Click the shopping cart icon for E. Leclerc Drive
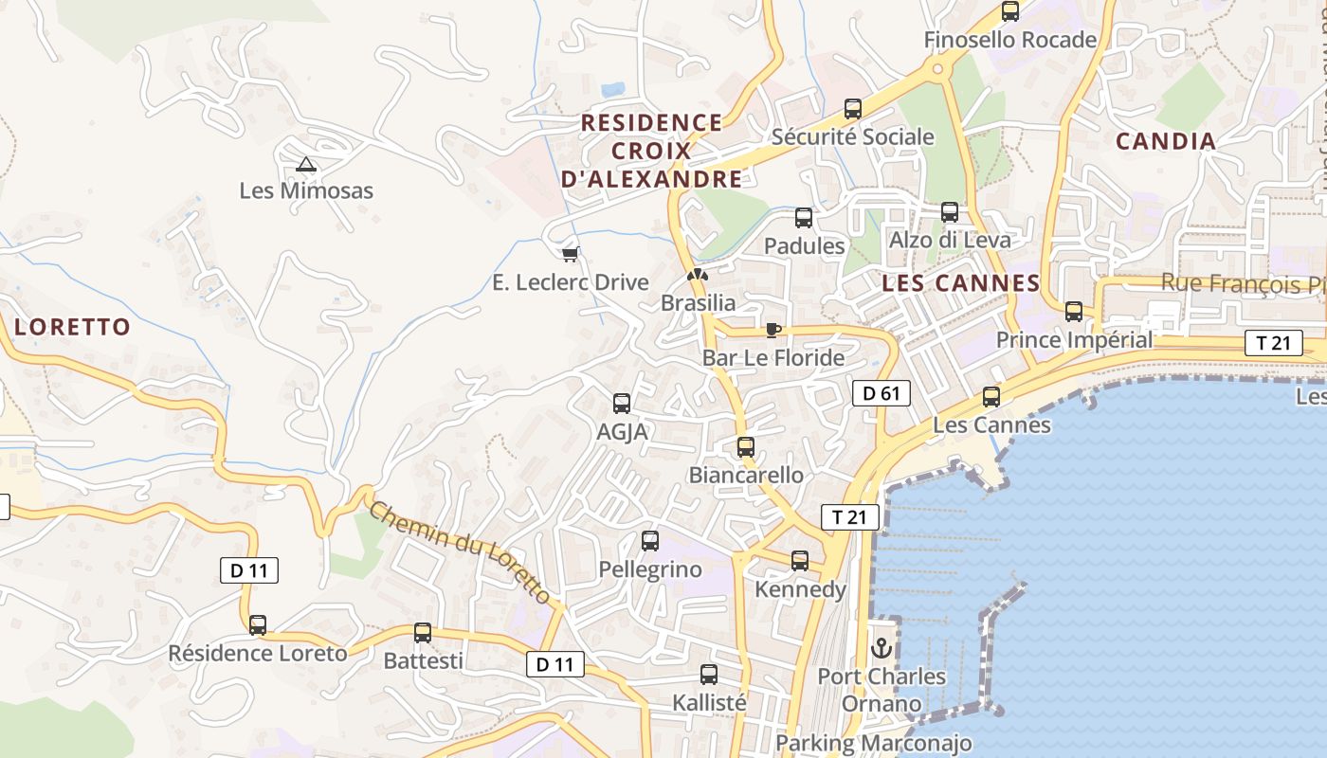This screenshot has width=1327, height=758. point(570,254)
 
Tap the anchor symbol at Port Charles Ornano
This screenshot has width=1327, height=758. point(882,649)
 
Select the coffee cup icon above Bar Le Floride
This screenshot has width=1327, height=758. point(773,330)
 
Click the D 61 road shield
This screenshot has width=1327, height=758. point(881,393)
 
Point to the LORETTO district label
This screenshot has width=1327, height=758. point(73,327)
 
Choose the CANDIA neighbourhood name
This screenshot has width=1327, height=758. point(1165,142)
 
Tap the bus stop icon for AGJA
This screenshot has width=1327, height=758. point(622,404)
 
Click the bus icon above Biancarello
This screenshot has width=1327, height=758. point(746,447)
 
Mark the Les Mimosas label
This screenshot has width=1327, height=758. point(306,190)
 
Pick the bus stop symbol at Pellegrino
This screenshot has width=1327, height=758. point(650,541)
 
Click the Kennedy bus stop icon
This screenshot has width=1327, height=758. point(800,561)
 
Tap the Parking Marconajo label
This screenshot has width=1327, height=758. point(874,743)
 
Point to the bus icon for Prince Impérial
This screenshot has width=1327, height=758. point(1074,312)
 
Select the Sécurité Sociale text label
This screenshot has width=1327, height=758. point(852,136)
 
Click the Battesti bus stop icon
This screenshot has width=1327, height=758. point(423,633)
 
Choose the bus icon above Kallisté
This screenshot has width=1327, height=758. point(709,675)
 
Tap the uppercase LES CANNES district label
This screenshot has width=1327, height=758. point(960,283)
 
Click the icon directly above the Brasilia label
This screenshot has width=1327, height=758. point(698,275)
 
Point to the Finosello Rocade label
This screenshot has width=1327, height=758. point(1009,40)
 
